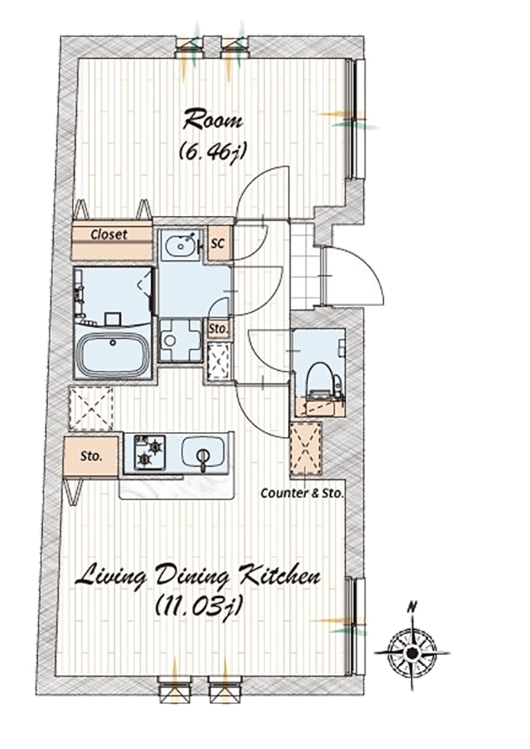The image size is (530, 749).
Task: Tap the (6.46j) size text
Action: pyautogui.click(x=212, y=151)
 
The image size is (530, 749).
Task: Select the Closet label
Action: pyautogui.click(x=109, y=235)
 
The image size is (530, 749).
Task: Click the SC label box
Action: pyautogui.click(x=218, y=244)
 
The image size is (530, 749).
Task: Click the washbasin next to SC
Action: pyautogui.click(x=181, y=245)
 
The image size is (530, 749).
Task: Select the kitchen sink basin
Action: pyautogui.click(x=203, y=452)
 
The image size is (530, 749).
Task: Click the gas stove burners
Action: pyautogui.click(x=150, y=452)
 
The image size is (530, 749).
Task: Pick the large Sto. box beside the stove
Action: pyautogui.click(x=91, y=456)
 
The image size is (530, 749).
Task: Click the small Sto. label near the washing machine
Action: pyautogui.click(x=219, y=329)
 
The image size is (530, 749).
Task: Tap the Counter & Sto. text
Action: pyautogui.click(x=302, y=493)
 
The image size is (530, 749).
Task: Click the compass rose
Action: pyautogui.click(x=411, y=652)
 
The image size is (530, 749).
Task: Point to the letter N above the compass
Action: pyautogui.click(x=411, y=608)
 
